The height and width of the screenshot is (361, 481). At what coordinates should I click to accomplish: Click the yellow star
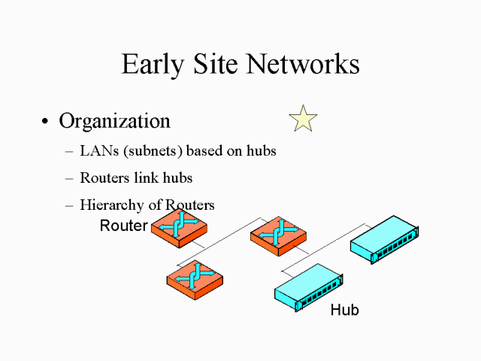click(x=303, y=120)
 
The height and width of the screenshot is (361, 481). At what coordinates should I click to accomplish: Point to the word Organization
click(x=114, y=121)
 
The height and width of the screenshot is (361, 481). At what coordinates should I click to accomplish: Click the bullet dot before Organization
click(x=46, y=123)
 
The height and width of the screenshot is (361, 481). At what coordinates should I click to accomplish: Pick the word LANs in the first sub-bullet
click(x=96, y=151)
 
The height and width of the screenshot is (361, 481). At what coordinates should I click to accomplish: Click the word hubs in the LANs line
click(x=261, y=151)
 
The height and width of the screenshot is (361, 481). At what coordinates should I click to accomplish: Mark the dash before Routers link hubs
click(x=69, y=179)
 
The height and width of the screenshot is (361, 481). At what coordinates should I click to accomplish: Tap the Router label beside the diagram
click(x=123, y=226)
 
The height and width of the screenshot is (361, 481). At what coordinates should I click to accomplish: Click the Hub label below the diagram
click(x=344, y=309)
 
